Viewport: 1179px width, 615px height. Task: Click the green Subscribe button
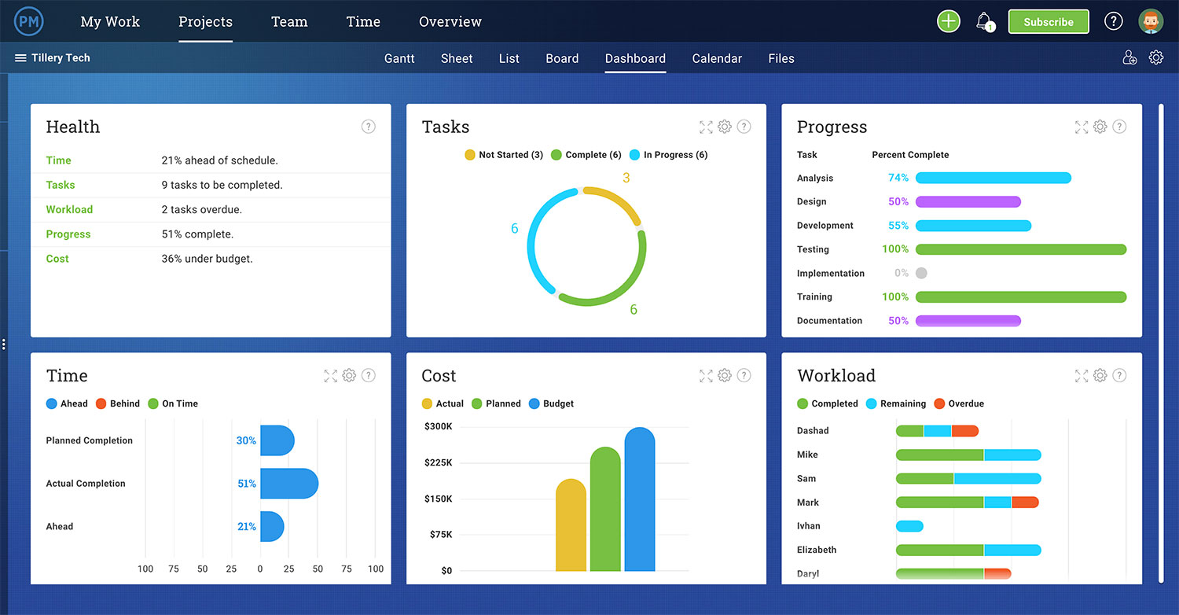[1048, 22]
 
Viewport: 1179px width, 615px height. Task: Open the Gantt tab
[399, 58]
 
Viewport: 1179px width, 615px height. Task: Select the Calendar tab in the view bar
[717, 58]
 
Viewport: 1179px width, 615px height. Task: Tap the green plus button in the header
[949, 21]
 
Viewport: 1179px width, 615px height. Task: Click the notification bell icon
[983, 21]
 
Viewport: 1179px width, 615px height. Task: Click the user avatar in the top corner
[1151, 21]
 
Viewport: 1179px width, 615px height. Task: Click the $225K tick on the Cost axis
[438, 462]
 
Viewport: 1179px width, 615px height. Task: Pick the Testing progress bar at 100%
[1020, 249]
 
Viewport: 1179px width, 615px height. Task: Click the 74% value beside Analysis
[898, 178]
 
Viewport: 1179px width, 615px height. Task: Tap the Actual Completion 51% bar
[288, 484]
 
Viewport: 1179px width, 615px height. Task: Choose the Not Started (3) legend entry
[504, 155]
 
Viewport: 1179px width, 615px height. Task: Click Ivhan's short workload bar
[909, 526]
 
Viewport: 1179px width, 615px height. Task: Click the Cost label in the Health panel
[57, 259]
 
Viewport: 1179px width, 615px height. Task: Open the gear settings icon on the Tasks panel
[725, 127]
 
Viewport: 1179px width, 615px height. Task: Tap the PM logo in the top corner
[29, 21]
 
